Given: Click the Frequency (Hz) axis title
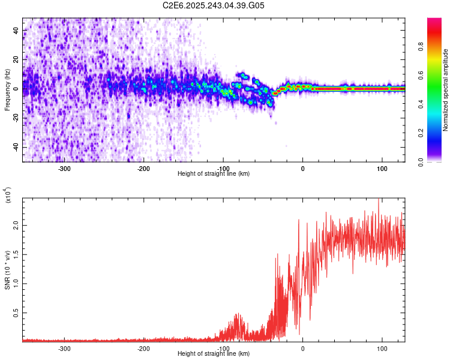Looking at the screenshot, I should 8,90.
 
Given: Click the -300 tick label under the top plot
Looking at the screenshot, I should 64,168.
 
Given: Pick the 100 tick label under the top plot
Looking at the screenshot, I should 382,168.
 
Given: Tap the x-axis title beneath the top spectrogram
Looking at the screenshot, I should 214,174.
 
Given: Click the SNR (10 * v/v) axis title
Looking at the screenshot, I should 8,268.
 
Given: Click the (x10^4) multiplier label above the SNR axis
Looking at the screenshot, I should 8,196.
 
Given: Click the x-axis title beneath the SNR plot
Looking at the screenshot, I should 214,354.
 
